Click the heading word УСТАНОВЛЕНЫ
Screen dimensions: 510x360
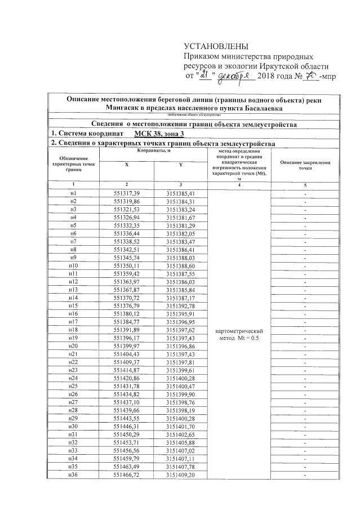[216, 46]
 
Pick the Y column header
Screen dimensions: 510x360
[180, 164]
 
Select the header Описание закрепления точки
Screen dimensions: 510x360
[305, 165]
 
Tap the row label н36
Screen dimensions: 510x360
[73, 476]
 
